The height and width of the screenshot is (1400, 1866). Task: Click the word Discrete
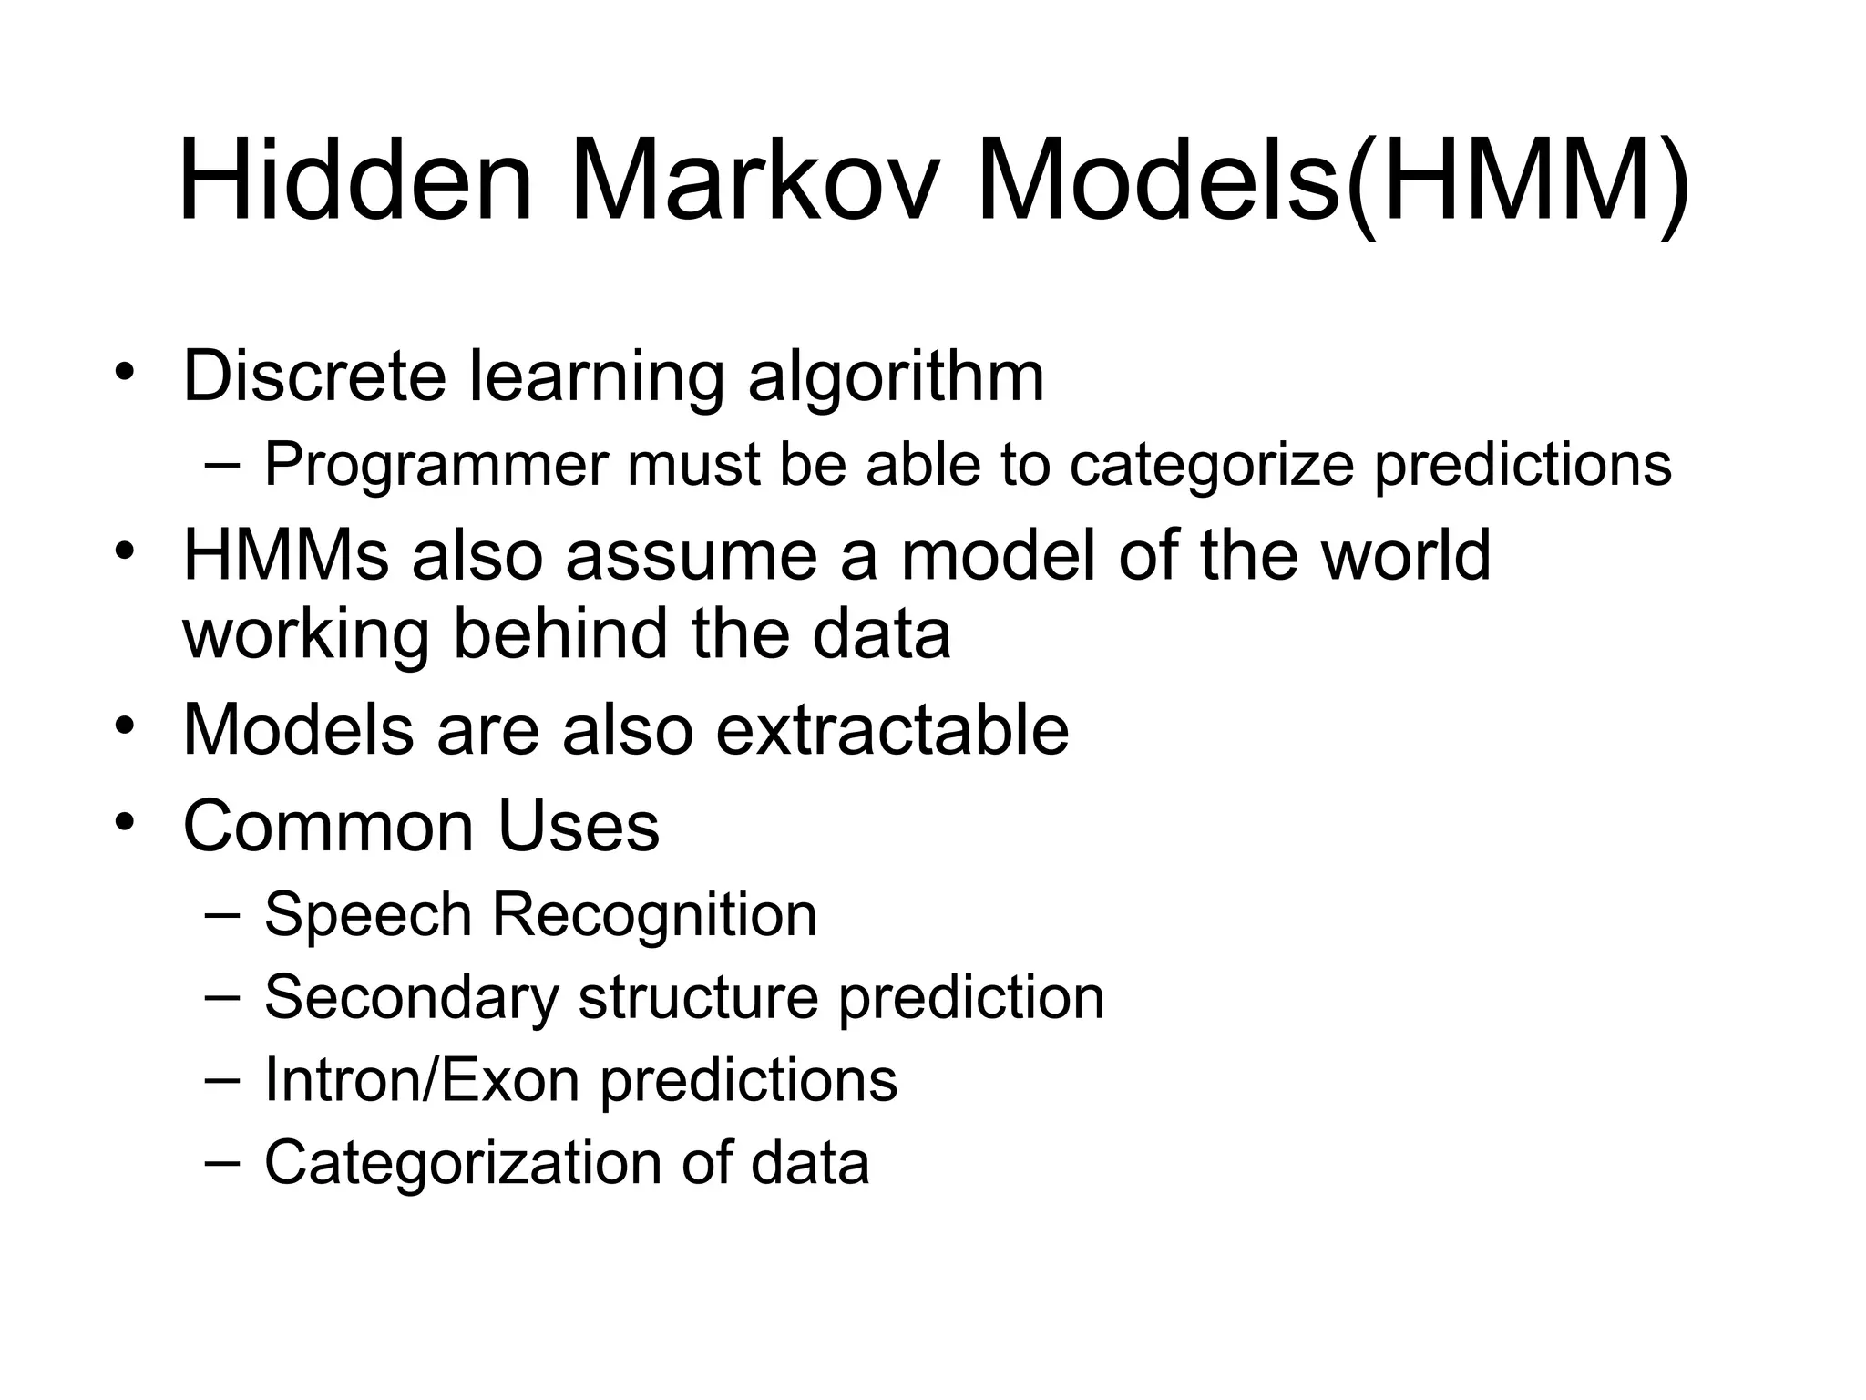point(314,376)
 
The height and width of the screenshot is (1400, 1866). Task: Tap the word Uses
point(578,826)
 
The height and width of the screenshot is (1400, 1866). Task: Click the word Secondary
point(411,997)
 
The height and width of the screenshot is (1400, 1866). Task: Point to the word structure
point(698,997)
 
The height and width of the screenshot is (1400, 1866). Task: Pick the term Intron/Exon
point(422,1080)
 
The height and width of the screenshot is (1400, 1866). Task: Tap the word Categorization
point(463,1164)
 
